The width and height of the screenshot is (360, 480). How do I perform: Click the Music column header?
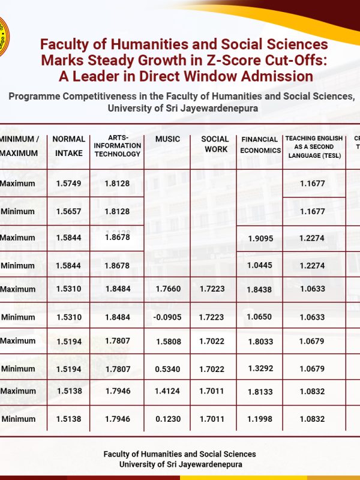(x=167, y=139)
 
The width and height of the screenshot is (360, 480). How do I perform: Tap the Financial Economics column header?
(x=260, y=145)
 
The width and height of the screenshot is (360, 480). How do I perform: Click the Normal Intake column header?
(x=69, y=146)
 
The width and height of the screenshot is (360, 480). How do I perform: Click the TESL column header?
(x=314, y=146)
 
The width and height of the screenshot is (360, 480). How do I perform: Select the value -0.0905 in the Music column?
(x=167, y=317)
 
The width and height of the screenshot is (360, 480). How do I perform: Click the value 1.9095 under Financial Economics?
(x=260, y=238)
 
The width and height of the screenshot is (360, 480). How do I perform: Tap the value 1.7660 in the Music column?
(x=167, y=289)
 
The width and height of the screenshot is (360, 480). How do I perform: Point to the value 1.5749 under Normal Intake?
(x=68, y=184)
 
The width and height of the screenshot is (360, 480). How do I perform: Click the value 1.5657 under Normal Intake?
(x=68, y=211)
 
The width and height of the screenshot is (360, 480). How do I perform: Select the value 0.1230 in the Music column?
(x=167, y=419)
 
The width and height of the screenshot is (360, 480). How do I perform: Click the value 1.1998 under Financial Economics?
(x=260, y=419)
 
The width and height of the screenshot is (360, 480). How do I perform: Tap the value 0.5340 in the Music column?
(x=167, y=369)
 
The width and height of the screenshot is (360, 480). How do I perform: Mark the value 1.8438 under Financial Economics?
(x=260, y=289)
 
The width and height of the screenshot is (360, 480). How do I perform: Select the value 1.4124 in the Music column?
(x=167, y=391)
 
